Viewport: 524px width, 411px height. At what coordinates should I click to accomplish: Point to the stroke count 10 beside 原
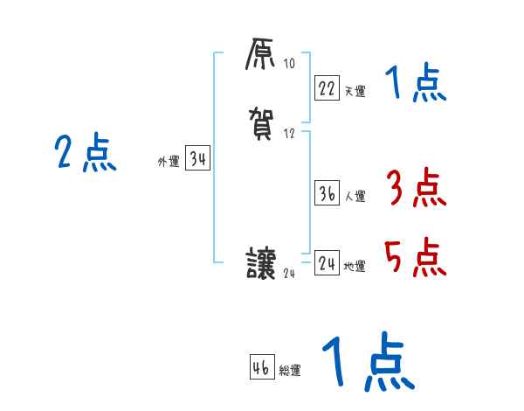tap(289, 64)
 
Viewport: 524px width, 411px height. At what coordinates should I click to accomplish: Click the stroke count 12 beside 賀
tap(289, 134)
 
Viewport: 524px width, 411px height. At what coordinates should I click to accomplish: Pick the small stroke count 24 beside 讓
tap(290, 274)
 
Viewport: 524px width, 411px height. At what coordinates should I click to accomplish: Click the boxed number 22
tap(327, 87)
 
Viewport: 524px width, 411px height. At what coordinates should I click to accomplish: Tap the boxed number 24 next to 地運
tap(327, 263)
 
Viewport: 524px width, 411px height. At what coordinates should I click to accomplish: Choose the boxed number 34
tap(197, 158)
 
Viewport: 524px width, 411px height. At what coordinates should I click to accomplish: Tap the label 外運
tap(168, 162)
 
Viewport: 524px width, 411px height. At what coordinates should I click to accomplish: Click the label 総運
tap(290, 371)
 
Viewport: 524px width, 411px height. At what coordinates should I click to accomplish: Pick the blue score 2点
tap(86, 154)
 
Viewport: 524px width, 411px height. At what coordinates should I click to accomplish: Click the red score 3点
tap(415, 187)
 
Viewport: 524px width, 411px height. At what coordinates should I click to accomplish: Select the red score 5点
tap(415, 256)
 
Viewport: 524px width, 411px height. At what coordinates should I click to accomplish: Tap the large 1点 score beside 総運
tap(368, 361)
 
